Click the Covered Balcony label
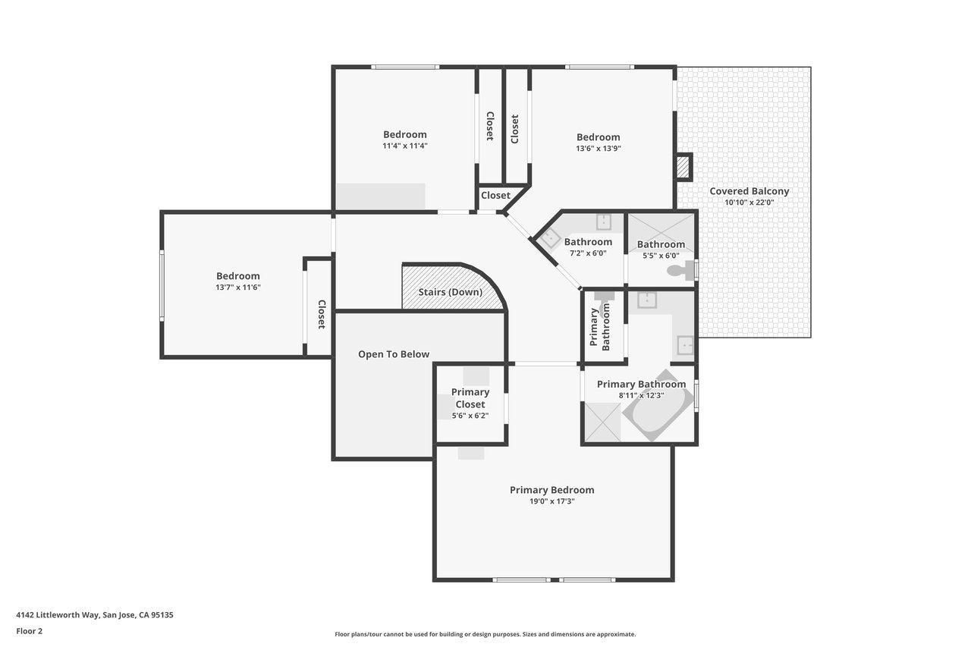pos(749,191)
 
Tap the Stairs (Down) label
pos(450,292)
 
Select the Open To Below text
pos(394,354)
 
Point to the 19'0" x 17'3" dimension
pos(551,501)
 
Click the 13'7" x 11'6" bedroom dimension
pos(238,287)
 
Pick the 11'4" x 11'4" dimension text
pos(405,146)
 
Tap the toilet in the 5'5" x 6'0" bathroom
pos(680,270)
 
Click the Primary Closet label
pos(470,398)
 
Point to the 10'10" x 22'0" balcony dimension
pos(749,203)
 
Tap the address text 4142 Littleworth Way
pos(58,615)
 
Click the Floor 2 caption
pos(30,631)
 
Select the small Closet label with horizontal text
pos(495,196)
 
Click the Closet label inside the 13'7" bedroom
pos(321,315)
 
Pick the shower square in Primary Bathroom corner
pos(602,422)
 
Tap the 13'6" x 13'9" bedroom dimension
pos(599,148)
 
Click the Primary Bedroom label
pos(551,490)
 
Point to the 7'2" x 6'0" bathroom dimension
pos(588,253)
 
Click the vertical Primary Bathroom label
pos(599,327)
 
